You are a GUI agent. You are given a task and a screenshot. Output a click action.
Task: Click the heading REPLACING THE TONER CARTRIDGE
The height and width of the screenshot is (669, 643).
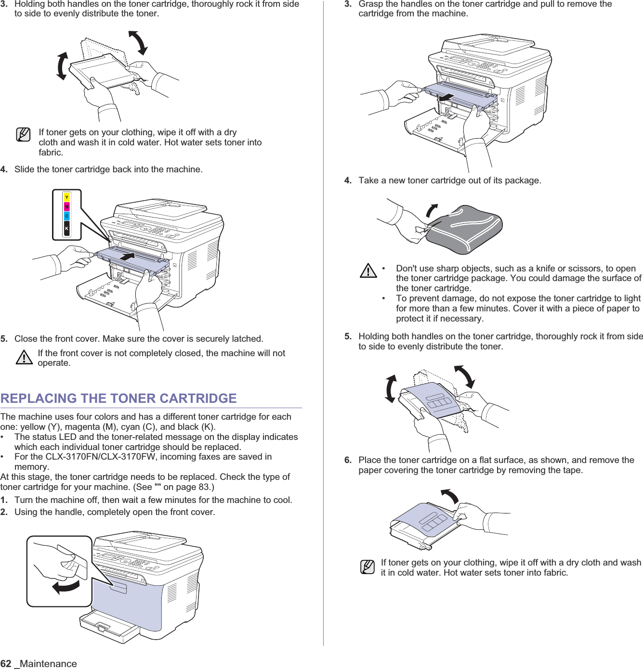[x=118, y=399]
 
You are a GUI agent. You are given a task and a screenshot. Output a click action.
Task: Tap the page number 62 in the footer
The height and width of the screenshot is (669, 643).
[x=6, y=664]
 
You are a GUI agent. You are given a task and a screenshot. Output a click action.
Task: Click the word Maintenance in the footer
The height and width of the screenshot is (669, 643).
[x=48, y=664]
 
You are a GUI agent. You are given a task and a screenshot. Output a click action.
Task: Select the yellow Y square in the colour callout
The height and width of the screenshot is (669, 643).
[x=67, y=197]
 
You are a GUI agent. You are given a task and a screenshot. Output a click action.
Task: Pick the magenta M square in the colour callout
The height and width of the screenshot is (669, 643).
[x=67, y=206]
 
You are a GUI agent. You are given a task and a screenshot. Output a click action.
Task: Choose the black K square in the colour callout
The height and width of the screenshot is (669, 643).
[x=67, y=229]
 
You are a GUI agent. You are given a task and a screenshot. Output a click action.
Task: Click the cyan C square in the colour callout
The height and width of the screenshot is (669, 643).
[x=67, y=216]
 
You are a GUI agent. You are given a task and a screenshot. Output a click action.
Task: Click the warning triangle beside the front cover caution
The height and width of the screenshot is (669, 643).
[x=24, y=358]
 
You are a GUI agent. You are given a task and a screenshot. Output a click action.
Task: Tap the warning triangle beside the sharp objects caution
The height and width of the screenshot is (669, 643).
[x=368, y=271]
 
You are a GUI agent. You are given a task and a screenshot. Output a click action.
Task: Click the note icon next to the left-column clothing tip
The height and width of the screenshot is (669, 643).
[x=23, y=135]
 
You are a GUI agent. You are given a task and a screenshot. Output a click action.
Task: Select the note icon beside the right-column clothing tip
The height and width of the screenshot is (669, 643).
[x=367, y=567]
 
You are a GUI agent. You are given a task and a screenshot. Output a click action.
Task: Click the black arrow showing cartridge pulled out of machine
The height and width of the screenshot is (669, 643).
[x=446, y=98]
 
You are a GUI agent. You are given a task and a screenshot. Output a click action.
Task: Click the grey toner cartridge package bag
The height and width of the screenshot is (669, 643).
[x=465, y=230]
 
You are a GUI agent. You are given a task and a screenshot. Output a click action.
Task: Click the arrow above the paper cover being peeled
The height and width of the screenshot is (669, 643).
[x=450, y=495]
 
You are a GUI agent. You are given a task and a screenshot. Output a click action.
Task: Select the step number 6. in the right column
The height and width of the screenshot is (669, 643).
[x=348, y=460]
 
